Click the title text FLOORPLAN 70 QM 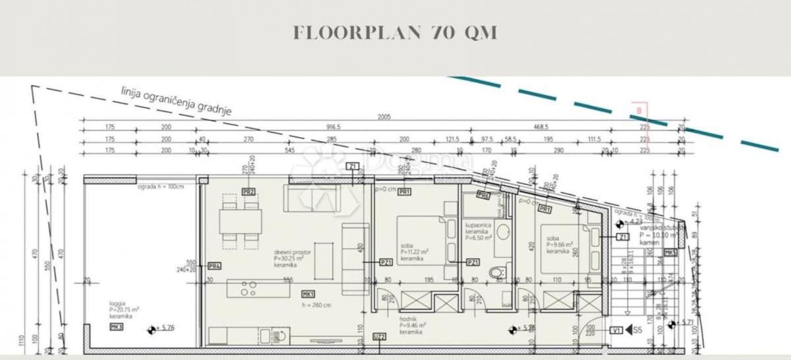(395, 33)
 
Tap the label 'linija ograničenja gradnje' (176, 100)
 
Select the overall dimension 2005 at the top (384, 117)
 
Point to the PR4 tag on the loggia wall (214, 266)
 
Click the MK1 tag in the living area (308, 293)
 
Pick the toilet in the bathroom (496, 271)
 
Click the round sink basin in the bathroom (505, 232)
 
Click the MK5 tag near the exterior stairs (670, 253)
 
